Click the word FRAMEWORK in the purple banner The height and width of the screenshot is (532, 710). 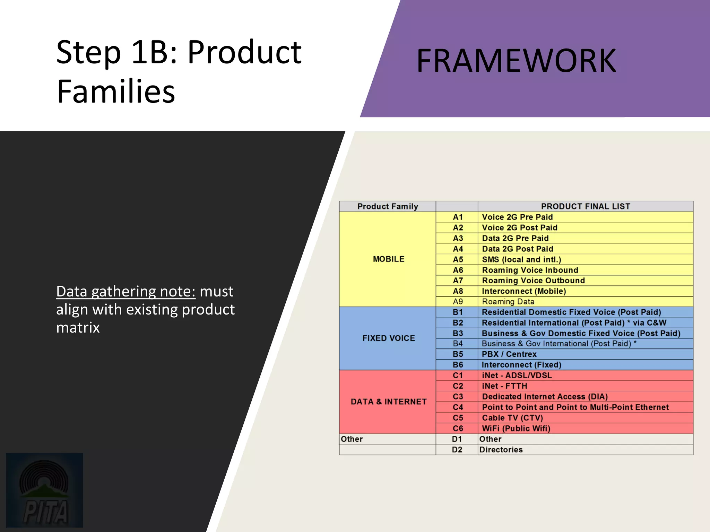pyautogui.click(x=516, y=61)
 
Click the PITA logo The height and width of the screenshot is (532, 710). pyautogui.click(x=44, y=490)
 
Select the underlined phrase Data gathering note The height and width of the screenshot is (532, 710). pyautogui.click(x=125, y=292)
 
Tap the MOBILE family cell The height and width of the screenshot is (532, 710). pyautogui.click(x=388, y=259)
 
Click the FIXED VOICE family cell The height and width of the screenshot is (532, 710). pyautogui.click(x=388, y=338)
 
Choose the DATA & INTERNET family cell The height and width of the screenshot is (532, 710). pyautogui.click(x=388, y=402)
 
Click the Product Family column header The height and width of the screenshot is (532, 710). pyautogui.click(x=388, y=206)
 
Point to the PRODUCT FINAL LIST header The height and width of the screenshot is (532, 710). pyautogui.click(x=585, y=206)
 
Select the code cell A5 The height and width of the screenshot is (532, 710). pyautogui.click(x=458, y=260)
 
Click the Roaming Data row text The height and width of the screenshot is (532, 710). pyautogui.click(x=508, y=302)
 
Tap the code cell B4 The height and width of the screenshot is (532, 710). pyautogui.click(x=458, y=344)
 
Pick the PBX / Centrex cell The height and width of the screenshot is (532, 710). pyautogui.click(x=509, y=354)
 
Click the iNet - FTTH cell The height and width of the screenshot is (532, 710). pyautogui.click(x=504, y=386)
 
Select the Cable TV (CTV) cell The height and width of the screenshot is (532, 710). pyautogui.click(x=512, y=418)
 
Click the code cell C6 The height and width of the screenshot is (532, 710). pyautogui.click(x=458, y=428)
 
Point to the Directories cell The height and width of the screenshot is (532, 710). pyautogui.click(x=501, y=450)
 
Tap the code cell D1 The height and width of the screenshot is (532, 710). pyautogui.click(x=457, y=439)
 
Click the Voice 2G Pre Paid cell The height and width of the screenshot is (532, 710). pyautogui.click(x=517, y=217)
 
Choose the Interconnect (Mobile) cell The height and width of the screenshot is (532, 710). pyautogui.click(x=523, y=291)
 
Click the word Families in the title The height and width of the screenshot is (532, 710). pyautogui.click(x=116, y=91)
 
